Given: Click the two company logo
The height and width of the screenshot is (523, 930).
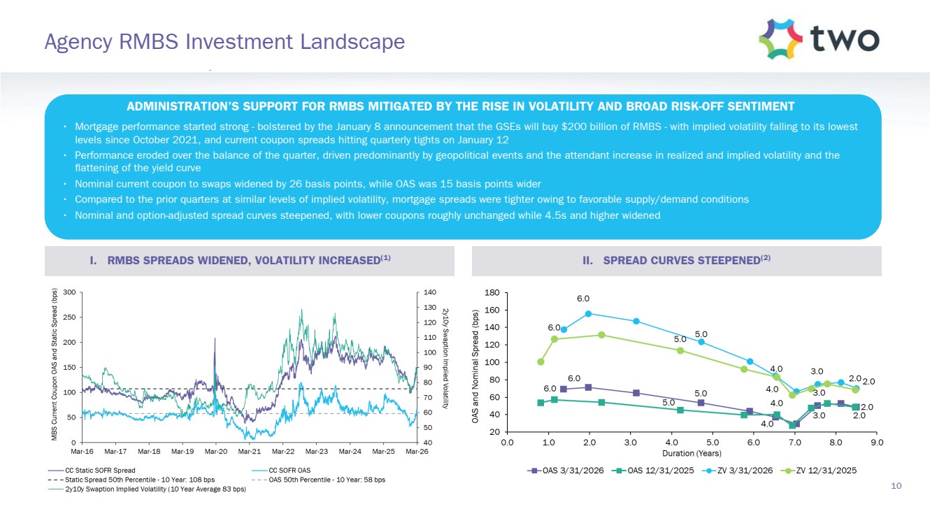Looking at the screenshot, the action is click(819, 39).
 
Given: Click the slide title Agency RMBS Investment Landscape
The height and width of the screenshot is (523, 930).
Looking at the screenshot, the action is click(224, 41).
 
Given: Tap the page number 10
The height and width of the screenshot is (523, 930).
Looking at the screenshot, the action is click(896, 486).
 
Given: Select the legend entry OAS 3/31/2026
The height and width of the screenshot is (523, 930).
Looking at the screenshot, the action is click(566, 471).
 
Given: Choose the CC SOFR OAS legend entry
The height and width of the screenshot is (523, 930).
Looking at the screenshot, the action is click(281, 471).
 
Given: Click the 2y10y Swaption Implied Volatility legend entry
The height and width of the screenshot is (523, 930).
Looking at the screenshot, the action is click(148, 489).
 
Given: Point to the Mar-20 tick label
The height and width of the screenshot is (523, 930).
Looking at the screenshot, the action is click(216, 451).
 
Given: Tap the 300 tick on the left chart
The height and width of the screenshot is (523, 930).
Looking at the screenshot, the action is click(70, 292).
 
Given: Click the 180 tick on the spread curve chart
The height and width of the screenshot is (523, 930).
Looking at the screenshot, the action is click(492, 293).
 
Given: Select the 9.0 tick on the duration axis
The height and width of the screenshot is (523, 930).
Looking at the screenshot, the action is click(877, 443).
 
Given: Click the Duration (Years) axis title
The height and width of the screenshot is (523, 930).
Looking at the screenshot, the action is click(692, 453).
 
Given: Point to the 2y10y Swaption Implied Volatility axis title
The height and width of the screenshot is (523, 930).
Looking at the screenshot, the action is click(445, 358).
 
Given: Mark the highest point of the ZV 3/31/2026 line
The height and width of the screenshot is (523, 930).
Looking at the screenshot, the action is click(588, 314).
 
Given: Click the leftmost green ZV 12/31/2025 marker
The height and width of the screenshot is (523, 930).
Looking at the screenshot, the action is click(541, 362).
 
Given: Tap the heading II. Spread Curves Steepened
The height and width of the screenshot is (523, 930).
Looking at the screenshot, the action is click(676, 260).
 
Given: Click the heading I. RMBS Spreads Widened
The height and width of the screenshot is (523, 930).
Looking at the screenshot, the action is click(240, 260).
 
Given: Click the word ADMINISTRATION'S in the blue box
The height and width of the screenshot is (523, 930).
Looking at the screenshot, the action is click(183, 106).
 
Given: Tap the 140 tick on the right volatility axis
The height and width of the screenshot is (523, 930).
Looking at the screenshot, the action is click(430, 292).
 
